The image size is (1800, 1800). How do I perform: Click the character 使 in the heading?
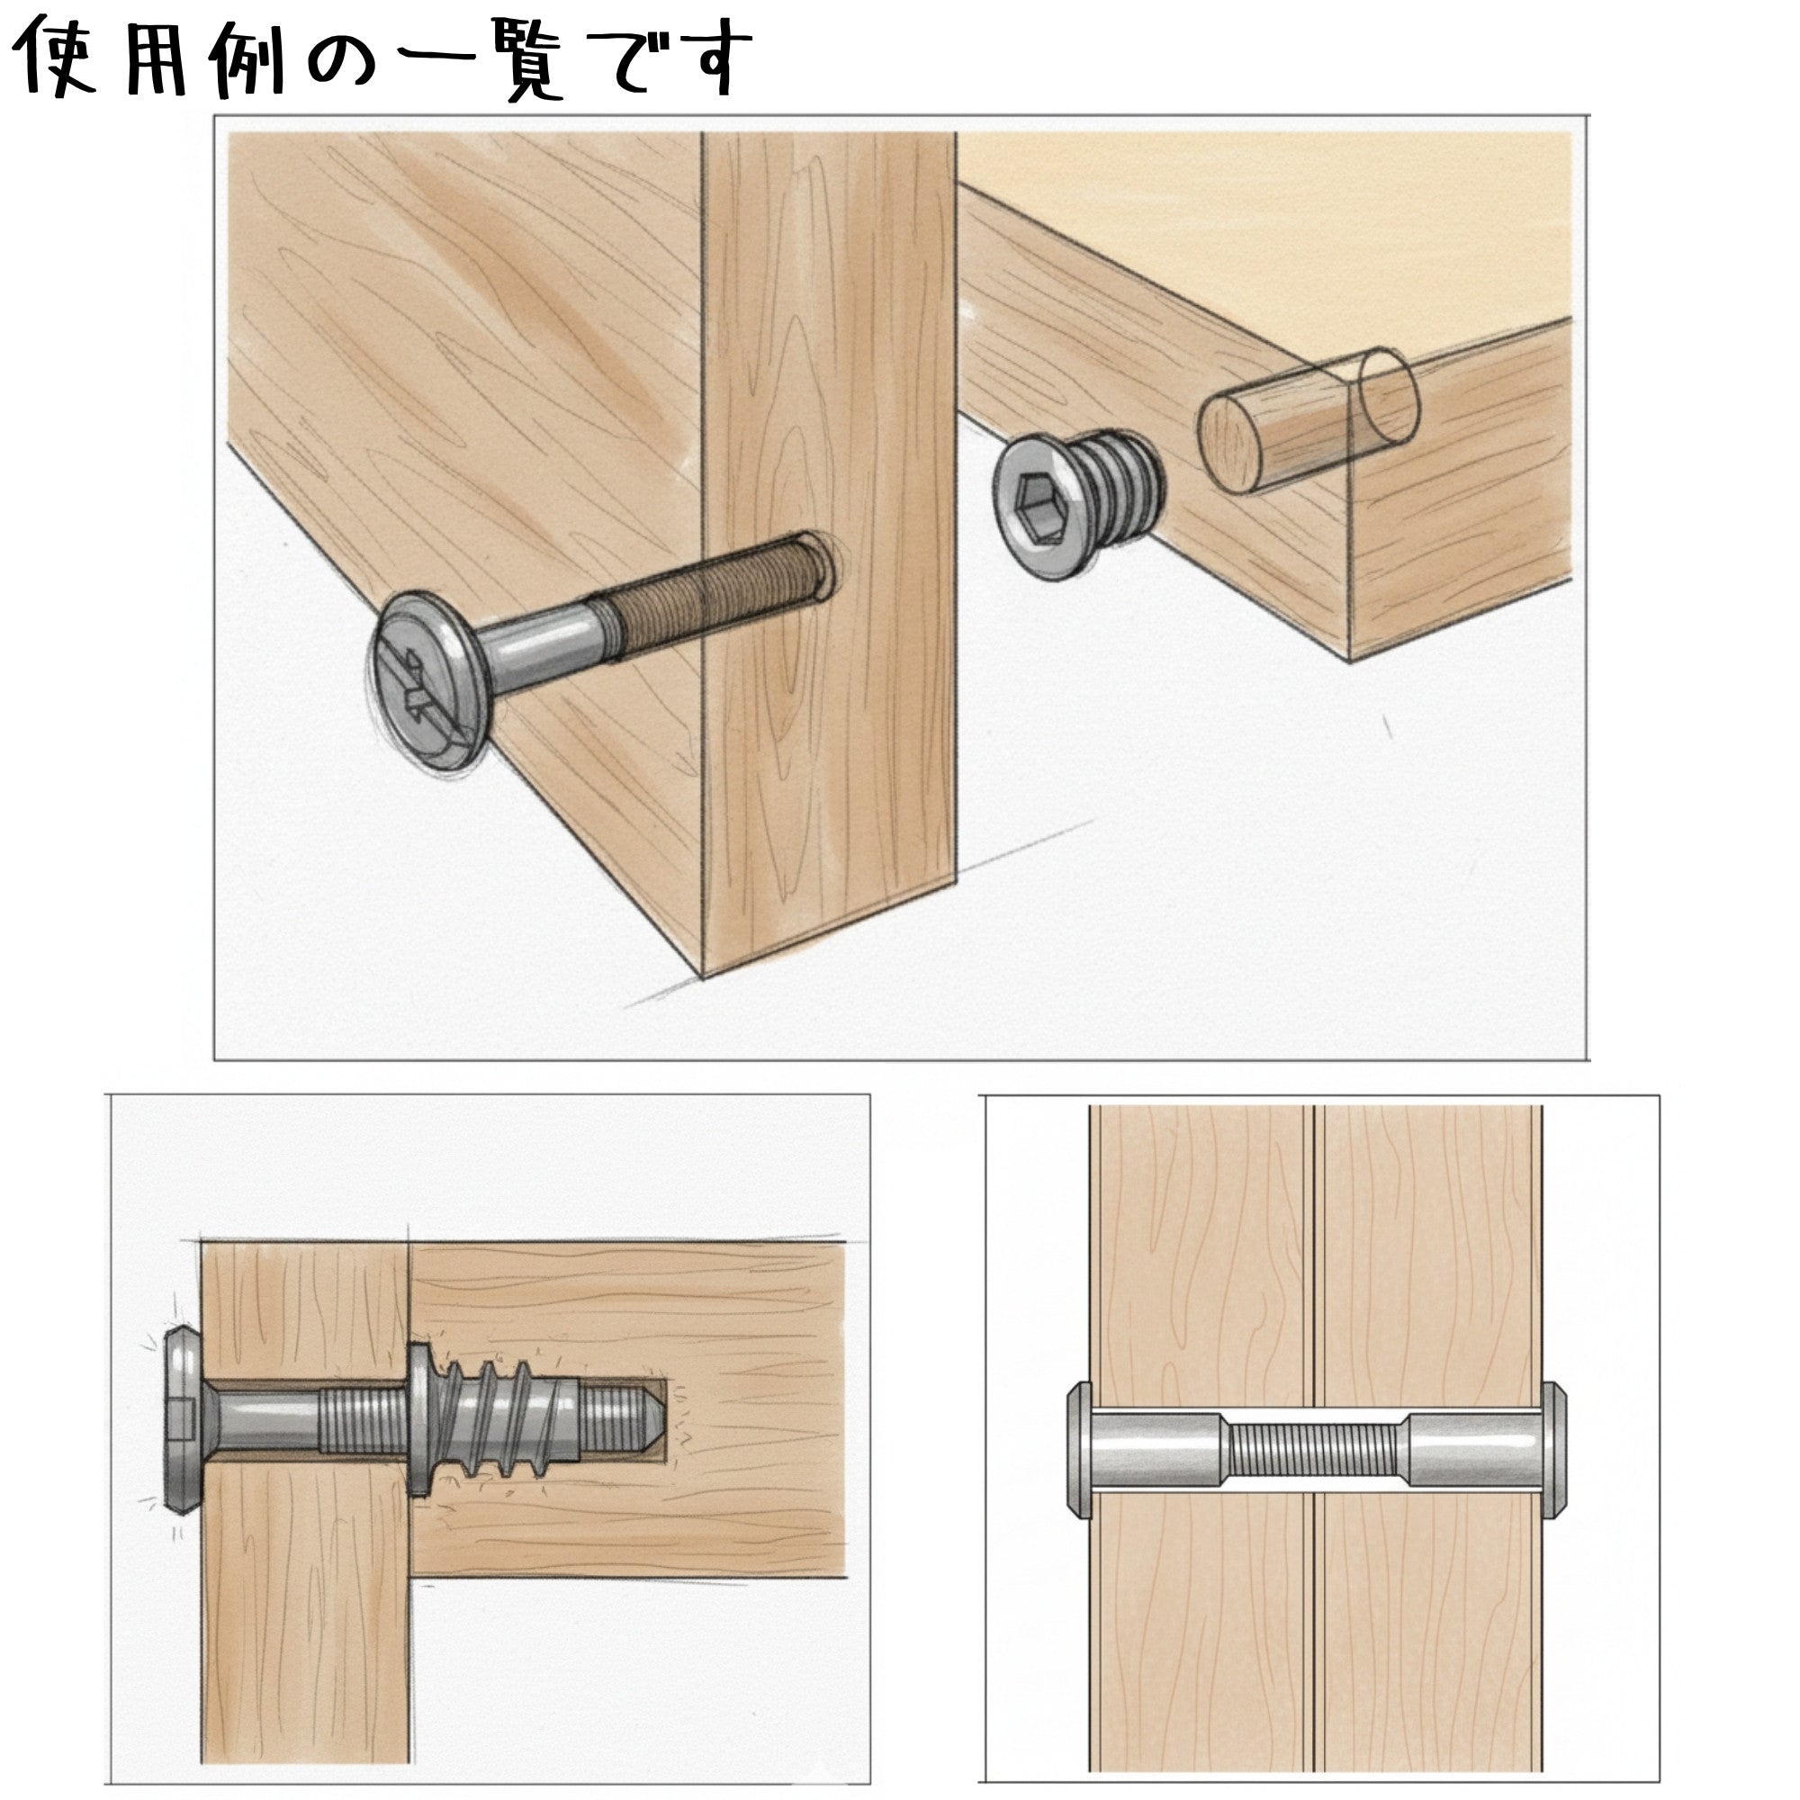click(58, 58)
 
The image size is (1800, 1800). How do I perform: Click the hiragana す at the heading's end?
click(714, 58)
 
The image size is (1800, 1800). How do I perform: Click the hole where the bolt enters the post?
click(816, 563)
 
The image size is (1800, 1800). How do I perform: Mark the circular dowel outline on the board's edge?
click(1391, 397)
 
